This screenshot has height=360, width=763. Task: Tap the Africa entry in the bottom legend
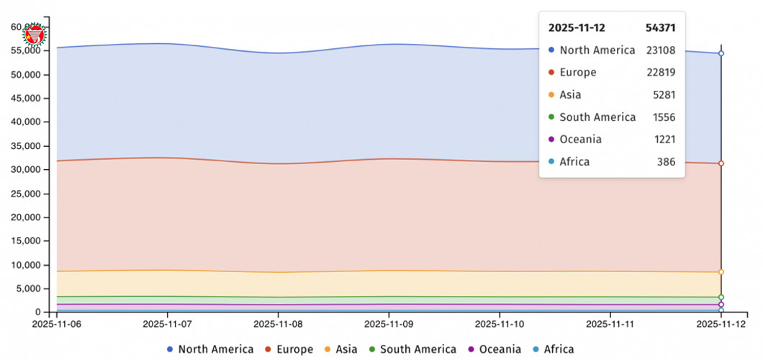point(559,349)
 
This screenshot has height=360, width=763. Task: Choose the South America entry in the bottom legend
point(417,349)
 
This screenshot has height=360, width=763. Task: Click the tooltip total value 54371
point(660,27)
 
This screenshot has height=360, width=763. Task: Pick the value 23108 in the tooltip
point(660,50)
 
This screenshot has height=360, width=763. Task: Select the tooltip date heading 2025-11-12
point(577,27)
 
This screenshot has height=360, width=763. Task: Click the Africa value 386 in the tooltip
point(666,162)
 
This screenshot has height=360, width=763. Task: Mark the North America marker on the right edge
point(721,53)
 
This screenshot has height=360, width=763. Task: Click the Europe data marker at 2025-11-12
point(721,163)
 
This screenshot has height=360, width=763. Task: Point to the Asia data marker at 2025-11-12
point(721,272)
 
